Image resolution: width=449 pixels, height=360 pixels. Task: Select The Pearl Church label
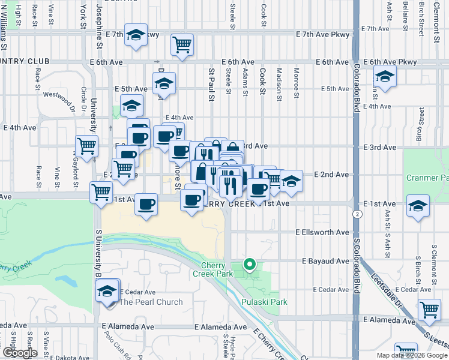coord(151,302)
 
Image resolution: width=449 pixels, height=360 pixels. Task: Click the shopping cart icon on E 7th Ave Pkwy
coord(182,44)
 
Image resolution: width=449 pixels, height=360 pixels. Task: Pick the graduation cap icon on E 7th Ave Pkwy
coord(136,35)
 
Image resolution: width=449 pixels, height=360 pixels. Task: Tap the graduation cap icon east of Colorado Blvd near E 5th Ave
coord(384,77)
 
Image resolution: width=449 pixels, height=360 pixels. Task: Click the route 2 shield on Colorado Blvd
coord(358,214)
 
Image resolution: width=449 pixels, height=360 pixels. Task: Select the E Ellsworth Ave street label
coord(322,232)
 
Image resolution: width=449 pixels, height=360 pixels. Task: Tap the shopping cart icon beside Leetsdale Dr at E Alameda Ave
coord(429,309)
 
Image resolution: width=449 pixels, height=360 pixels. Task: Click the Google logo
coord(19,353)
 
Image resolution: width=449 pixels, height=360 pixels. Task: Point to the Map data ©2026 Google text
coord(411,355)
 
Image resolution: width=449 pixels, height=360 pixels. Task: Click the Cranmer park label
coord(427,178)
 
